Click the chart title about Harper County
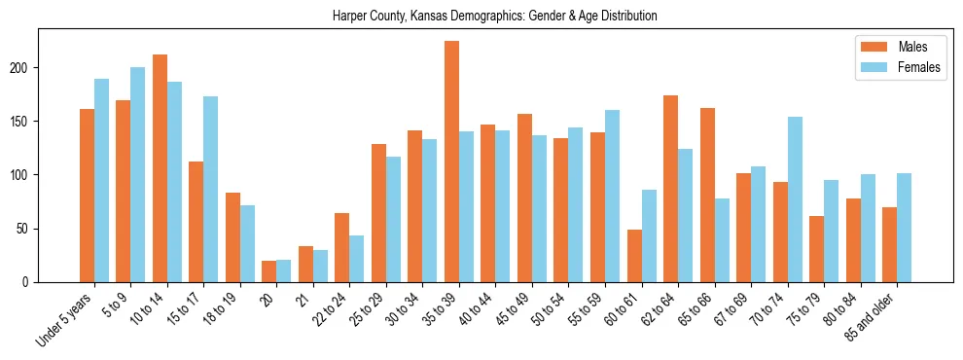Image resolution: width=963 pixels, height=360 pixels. coord(495,17)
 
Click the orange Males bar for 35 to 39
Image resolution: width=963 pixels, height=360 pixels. coord(451,162)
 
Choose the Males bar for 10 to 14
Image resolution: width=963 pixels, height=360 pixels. coord(160,168)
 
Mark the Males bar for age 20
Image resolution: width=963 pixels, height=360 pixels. coord(268,271)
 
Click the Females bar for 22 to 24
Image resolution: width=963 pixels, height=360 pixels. coord(357,259)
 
